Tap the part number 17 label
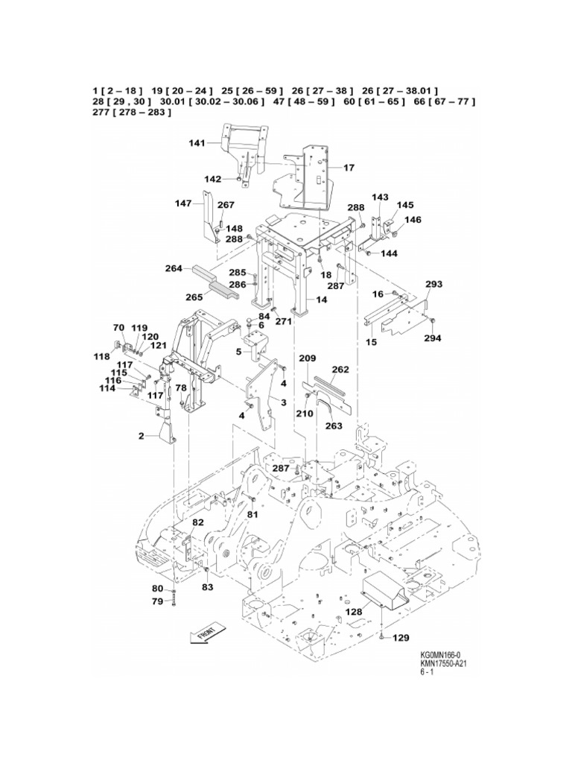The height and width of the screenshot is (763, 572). pyautogui.click(x=349, y=168)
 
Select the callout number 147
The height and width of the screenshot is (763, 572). pyautogui.click(x=183, y=203)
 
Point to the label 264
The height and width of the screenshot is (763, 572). pyautogui.click(x=174, y=269)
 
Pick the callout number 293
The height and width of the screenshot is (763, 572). pyautogui.click(x=433, y=284)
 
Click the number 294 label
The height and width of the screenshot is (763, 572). pyautogui.click(x=433, y=338)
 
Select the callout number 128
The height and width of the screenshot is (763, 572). pyautogui.click(x=353, y=612)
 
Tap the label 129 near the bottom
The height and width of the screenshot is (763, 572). pyautogui.click(x=401, y=638)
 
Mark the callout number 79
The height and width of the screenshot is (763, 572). pyautogui.click(x=158, y=601)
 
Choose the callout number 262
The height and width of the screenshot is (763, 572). pyautogui.click(x=340, y=369)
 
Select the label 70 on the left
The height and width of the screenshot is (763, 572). pyautogui.click(x=118, y=327)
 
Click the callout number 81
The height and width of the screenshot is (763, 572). pyautogui.click(x=252, y=514)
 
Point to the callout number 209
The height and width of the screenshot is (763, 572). pyautogui.click(x=308, y=358)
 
